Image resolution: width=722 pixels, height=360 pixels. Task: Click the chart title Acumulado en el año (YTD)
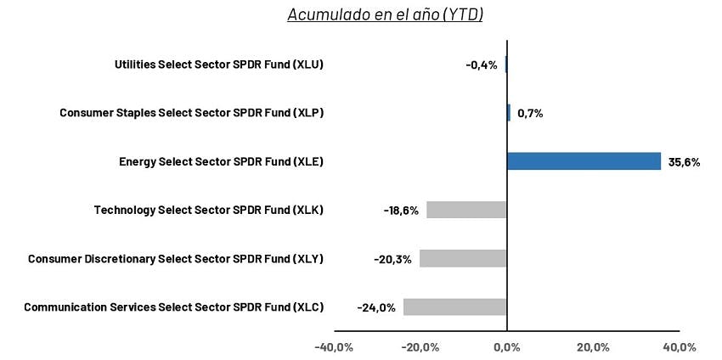coord(385,14)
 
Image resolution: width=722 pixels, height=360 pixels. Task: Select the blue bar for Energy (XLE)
coord(584,161)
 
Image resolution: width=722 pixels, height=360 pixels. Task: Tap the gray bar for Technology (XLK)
coord(466,210)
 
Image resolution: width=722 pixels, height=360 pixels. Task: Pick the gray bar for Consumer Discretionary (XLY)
coord(463,259)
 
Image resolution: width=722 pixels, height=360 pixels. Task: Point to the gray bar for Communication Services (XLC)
coord(454,307)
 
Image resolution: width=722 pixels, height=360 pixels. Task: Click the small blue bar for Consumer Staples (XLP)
coord(509,113)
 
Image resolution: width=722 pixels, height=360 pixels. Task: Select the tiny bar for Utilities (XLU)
coord(505,65)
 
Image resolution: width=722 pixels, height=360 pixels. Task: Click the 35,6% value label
coord(684,162)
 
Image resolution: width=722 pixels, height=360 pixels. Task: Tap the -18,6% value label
coord(401,211)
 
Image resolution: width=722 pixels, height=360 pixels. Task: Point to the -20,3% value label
coord(392,259)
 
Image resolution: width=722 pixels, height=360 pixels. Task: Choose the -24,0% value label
coord(376,307)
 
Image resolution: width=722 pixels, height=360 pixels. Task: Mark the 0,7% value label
coord(529,113)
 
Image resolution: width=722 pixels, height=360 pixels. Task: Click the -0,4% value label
coord(482,65)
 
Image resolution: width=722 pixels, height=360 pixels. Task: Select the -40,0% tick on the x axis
coord(334,347)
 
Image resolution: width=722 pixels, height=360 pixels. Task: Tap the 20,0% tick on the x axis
coord(593,347)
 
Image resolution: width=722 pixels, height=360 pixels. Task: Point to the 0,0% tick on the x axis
coord(506,347)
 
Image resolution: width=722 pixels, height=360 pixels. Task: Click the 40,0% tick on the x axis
coord(679,347)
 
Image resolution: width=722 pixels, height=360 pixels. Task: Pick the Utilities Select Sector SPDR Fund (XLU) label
coord(218,65)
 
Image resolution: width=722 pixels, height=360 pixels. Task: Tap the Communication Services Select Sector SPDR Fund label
coord(173,307)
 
